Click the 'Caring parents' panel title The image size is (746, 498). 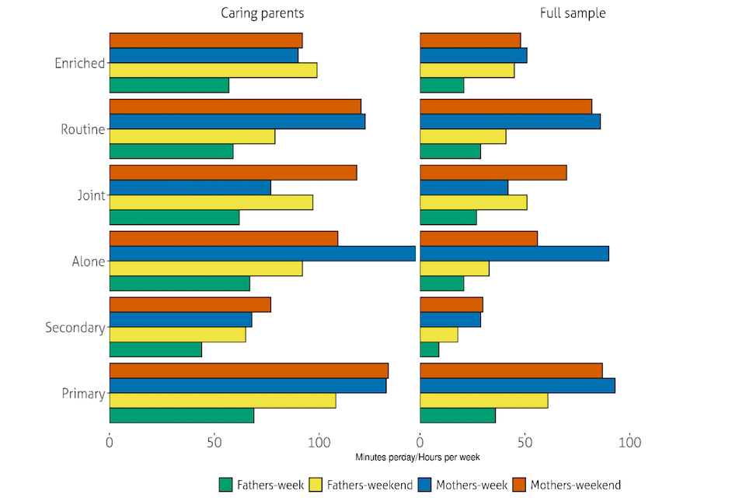262,13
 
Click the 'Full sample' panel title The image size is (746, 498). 573,13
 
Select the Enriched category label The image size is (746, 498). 79,63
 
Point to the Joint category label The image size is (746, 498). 90,195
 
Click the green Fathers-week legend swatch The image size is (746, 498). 226,485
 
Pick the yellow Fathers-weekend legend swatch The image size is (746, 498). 317,485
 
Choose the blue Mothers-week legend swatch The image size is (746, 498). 425,485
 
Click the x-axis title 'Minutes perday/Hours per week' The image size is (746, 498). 417,457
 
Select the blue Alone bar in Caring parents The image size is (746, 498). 263,254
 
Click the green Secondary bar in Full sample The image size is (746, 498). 430,350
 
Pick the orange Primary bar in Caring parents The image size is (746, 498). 249,370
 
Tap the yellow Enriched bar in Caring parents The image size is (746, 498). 213,71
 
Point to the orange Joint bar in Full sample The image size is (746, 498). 493,173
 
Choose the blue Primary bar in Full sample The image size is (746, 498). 518,386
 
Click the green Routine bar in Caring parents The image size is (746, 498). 171,152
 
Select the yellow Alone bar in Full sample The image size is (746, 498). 455,268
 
